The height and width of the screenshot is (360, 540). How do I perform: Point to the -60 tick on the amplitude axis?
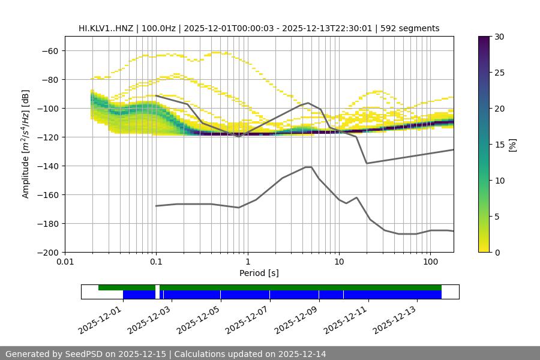click(x=49, y=50)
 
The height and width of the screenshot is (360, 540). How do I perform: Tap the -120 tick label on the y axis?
click(x=47, y=137)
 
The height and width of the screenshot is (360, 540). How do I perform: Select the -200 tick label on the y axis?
click(x=47, y=252)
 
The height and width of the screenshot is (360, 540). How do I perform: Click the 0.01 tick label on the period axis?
click(x=65, y=262)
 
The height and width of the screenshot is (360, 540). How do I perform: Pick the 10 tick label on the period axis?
click(x=339, y=262)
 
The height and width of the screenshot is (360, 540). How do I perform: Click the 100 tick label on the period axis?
click(x=430, y=262)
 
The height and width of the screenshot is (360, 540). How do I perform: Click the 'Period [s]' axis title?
click(x=259, y=273)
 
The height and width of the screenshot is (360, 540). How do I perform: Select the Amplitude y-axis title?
click(x=26, y=145)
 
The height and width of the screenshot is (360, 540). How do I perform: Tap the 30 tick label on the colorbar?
click(x=499, y=37)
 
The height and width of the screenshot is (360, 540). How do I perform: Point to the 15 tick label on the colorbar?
click(x=499, y=145)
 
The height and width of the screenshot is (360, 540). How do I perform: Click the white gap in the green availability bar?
click(x=157, y=288)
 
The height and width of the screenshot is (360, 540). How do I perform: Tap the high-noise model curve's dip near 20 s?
click(x=367, y=163)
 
